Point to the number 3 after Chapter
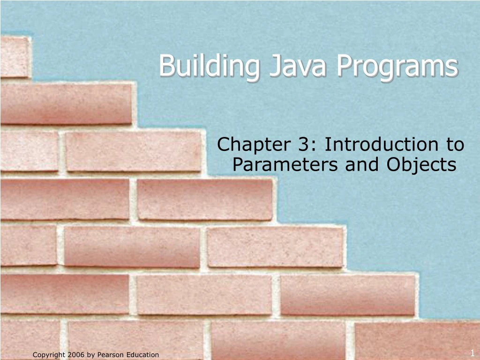(301, 144)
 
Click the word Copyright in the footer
(48, 355)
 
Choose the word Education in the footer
(142, 355)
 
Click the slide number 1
(472, 352)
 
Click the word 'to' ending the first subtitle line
(454, 144)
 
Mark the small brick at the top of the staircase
(14, 56)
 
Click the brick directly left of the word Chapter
(134, 151)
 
